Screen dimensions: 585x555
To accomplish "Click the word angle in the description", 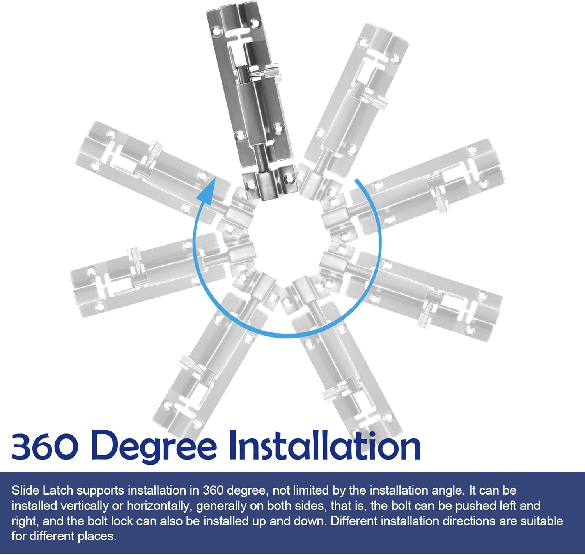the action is point(447,491).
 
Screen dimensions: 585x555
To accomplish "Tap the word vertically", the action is point(82,506).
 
